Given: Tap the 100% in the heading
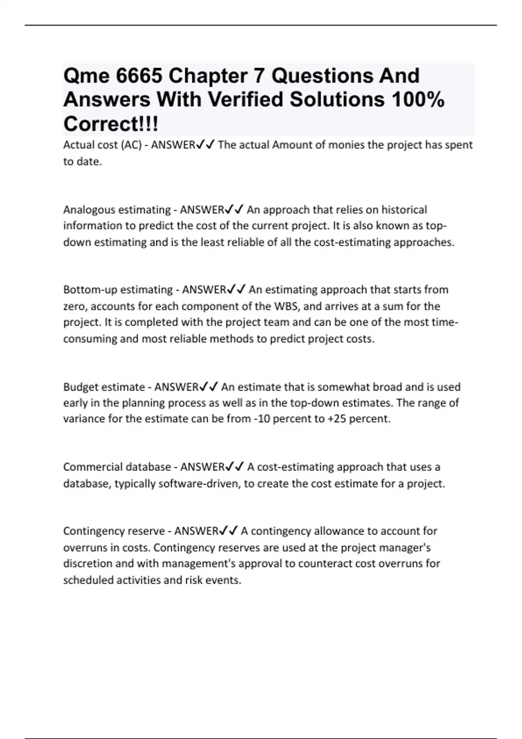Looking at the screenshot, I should [x=418, y=100].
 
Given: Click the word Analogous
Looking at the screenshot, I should [x=89, y=210].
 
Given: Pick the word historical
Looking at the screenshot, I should [x=404, y=210].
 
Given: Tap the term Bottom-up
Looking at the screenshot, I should [x=90, y=290].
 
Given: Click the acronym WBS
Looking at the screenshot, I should [x=285, y=306].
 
